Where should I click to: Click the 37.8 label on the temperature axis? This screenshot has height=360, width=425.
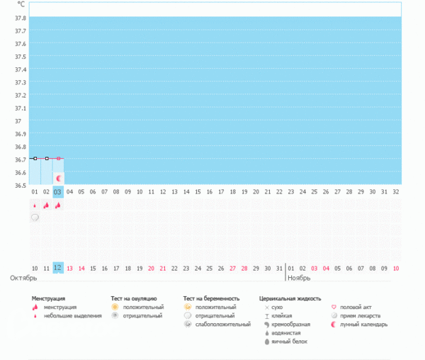[x=21, y=18]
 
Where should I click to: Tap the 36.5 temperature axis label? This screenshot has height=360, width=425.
[x=21, y=186]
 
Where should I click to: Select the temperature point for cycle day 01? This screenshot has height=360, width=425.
[x=35, y=159]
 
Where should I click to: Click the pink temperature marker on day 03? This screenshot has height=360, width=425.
[x=58, y=159]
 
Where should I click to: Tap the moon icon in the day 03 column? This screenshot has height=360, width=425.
[x=59, y=178]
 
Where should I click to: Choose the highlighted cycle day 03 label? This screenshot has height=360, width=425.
[x=58, y=191]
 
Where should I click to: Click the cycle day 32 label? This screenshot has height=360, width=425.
[x=395, y=191]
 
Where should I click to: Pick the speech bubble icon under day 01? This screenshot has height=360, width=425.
[x=35, y=218]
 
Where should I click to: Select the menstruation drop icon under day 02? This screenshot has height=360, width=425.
[x=46, y=206]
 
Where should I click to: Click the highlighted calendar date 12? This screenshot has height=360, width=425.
[x=58, y=268]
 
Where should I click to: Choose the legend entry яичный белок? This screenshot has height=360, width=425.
[x=288, y=342]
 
